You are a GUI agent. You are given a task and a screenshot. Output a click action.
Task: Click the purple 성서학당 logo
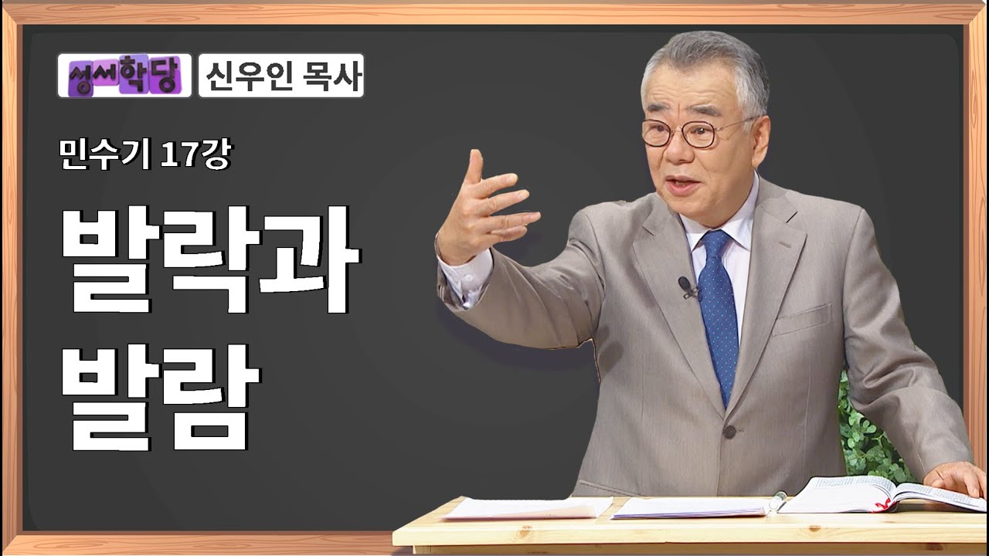click(124, 76)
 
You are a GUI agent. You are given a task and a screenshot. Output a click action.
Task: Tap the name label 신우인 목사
click(281, 76)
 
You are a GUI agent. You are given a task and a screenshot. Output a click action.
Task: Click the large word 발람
click(158, 398)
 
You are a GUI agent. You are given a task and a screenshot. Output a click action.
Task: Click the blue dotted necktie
click(718, 309)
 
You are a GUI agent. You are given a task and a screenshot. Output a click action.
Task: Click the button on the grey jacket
click(729, 431)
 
